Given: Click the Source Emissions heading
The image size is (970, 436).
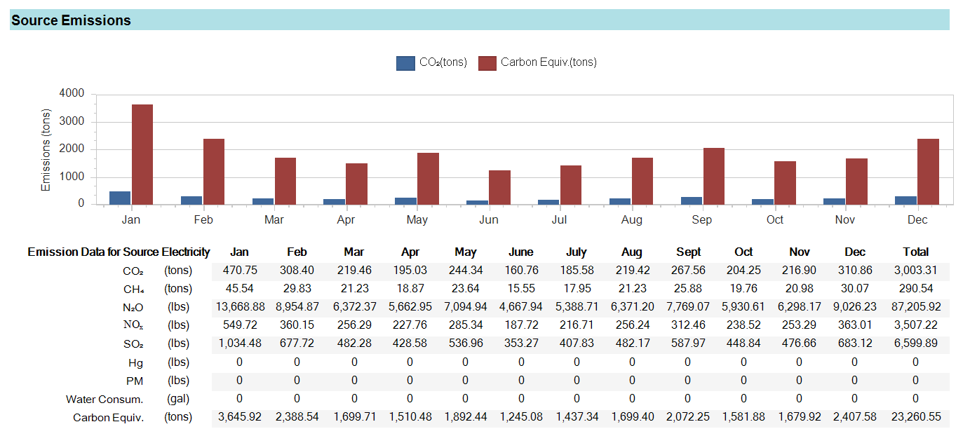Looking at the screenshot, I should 71,20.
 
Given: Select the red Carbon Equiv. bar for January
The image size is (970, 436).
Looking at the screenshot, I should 142,154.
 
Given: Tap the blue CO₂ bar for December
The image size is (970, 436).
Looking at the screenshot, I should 905,200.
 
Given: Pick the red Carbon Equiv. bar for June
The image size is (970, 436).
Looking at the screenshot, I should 499,187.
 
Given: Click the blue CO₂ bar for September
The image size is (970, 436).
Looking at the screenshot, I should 691,200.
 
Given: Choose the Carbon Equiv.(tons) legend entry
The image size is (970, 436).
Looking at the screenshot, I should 538,62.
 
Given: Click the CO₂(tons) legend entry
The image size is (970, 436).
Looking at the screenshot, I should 432,62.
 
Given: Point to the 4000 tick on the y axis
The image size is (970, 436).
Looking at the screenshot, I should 72,94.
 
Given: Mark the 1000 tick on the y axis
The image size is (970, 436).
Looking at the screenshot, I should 72,177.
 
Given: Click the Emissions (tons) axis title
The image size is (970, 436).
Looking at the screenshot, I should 46,149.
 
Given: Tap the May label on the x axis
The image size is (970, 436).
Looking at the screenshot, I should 417,220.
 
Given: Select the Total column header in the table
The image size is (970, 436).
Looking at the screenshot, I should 915,252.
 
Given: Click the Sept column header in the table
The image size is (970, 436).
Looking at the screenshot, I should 688,252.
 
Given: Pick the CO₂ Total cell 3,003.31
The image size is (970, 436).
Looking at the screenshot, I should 915,271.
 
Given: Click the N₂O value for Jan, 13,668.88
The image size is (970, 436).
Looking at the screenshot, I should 239,307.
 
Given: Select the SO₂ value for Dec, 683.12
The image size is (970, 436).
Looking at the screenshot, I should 854,344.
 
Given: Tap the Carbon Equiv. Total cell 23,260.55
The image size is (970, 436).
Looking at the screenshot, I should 915,418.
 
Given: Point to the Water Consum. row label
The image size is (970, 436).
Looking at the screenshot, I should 105,400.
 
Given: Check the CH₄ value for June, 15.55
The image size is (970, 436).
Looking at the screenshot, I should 520,289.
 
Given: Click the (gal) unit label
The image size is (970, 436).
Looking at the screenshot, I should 177,400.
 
